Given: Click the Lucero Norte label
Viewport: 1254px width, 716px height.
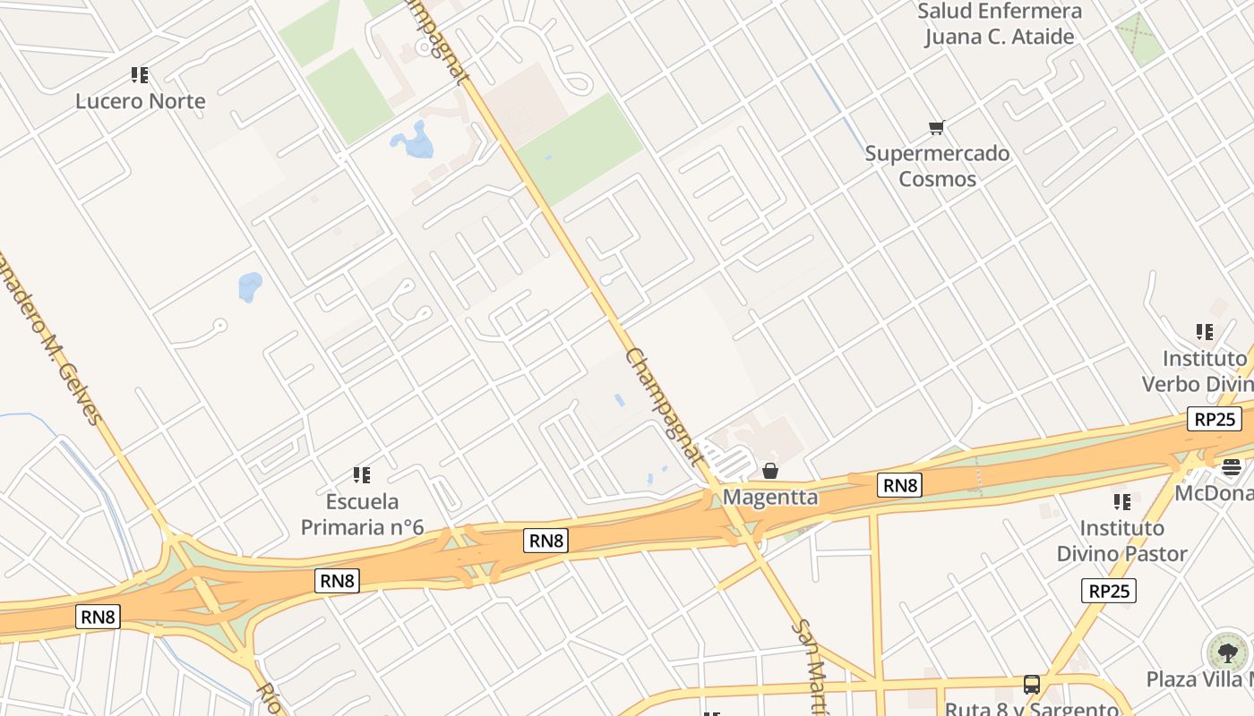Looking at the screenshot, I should pyautogui.click(x=140, y=101).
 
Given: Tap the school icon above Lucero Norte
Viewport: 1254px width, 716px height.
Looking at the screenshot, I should pyautogui.click(x=140, y=75).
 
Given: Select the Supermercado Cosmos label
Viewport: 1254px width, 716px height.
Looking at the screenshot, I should pyautogui.click(x=937, y=166).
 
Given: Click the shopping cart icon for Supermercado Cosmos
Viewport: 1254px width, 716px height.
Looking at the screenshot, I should pyautogui.click(x=937, y=128).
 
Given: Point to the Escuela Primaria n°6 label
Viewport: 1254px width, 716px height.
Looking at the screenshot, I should pyautogui.click(x=362, y=514).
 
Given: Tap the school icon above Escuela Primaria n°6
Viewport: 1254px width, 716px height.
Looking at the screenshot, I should pyautogui.click(x=362, y=474).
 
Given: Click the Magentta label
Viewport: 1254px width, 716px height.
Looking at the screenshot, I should pyautogui.click(x=770, y=497).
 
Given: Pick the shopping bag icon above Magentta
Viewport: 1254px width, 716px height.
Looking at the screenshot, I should pyautogui.click(x=770, y=471).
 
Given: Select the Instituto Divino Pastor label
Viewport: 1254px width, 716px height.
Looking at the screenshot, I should pyautogui.click(x=1121, y=541).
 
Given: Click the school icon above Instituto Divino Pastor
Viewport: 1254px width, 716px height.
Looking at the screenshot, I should pyautogui.click(x=1121, y=501).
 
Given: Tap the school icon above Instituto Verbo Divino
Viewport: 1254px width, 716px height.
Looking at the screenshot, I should pyautogui.click(x=1205, y=332).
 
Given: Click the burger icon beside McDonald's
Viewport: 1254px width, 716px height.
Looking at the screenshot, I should pyautogui.click(x=1232, y=466).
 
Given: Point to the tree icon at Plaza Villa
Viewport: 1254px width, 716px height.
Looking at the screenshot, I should pyautogui.click(x=1227, y=652).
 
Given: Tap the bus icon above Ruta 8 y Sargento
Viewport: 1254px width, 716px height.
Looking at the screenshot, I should pyautogui.click(x=1032, y=685).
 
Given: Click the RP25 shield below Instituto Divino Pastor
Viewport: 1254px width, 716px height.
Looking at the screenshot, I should pyautogui.click(x=1109, y=591).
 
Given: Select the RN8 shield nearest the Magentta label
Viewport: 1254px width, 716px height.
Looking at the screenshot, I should pyautogui.click(x=900, y=485).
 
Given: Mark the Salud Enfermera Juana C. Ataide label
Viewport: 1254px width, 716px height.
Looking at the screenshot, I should pyautogui.click(x=1000, y=24).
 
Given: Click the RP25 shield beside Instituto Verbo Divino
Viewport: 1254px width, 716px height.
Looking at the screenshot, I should pyautogui.click(x=1215, y=419).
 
